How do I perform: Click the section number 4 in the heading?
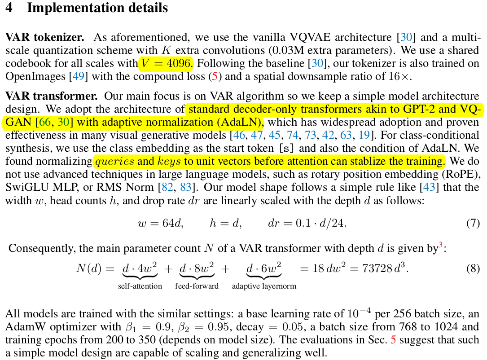(x=9, y=8)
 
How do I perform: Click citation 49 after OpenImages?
(x=78, y=76)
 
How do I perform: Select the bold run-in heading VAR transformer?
(x=51, y=96)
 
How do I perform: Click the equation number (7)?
(x=473, y=223)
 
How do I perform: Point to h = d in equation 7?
(x=225, y=223)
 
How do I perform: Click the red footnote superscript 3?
(x=440, y=245)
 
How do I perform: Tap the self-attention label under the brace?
(x=140, y=286)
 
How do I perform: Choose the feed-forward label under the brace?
(x=197, y=286)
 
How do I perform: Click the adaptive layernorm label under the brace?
(x=264, y=286)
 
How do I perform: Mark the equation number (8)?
(x=473, y=269)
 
